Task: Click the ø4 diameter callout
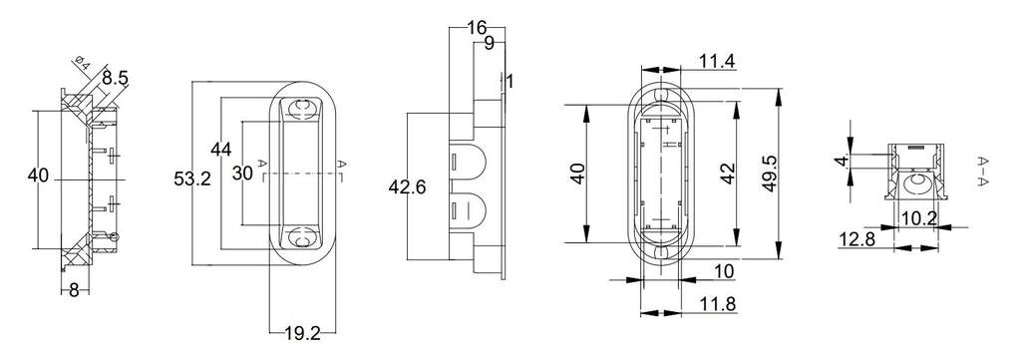(82, 63)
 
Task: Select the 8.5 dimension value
(115, 79)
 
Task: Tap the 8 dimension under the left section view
(74, 290)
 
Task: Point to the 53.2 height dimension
(192, 180)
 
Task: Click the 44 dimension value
(221, 149)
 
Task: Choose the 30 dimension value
(242, 174)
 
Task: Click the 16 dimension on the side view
(477, 27)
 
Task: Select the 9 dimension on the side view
(489, 44)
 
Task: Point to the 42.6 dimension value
(407, 187)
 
